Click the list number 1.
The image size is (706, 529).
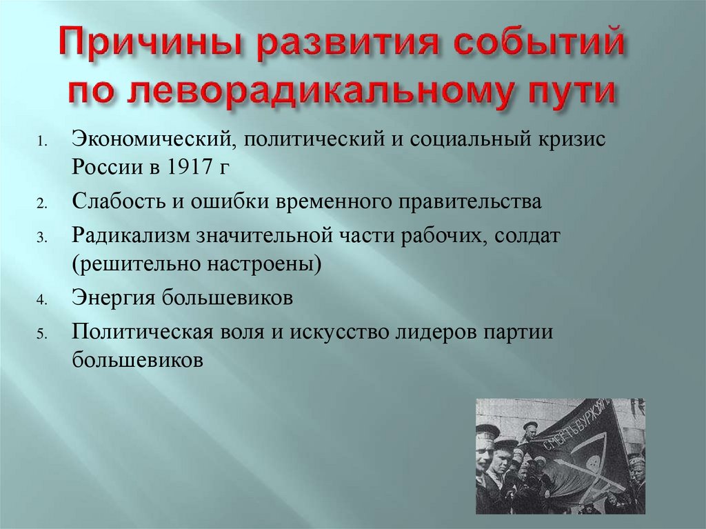(x=41, y=142)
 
